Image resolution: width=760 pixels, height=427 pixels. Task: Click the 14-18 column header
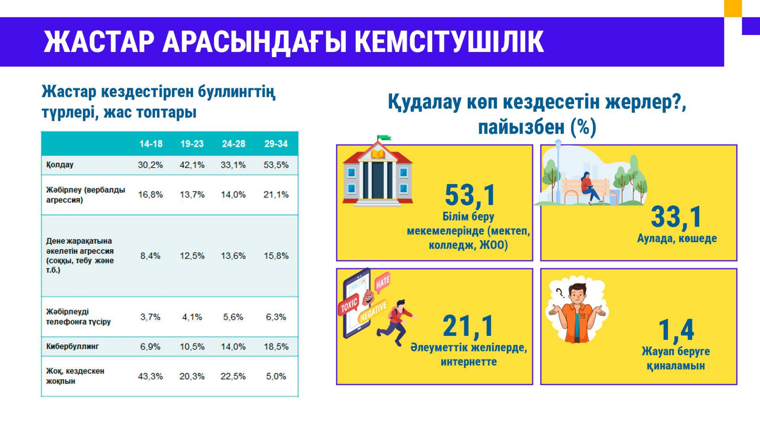point(151,144)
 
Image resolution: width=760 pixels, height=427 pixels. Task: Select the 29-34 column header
point(276,144)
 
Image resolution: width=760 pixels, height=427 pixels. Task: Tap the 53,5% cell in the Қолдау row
point(276,165)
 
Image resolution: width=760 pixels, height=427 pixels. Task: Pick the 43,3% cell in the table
point(150,377)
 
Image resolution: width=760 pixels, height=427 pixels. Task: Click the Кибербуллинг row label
point(72,347)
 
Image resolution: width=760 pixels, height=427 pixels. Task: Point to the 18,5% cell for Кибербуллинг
point(276,347)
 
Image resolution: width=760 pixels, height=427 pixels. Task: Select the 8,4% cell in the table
point(150,256)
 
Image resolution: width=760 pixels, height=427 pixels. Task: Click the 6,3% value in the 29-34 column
point(276,317)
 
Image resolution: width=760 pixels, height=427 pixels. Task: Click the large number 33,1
point(676,217)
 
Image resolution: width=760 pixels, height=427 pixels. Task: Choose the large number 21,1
point(468,326)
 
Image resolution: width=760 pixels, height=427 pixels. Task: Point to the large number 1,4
point(676,330)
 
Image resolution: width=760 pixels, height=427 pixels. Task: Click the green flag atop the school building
point(384,137)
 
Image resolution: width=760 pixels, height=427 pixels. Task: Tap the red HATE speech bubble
point(383,282)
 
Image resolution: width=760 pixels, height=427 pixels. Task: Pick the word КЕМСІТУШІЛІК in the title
point(449,41)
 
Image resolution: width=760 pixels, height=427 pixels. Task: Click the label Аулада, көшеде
point(677,238)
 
